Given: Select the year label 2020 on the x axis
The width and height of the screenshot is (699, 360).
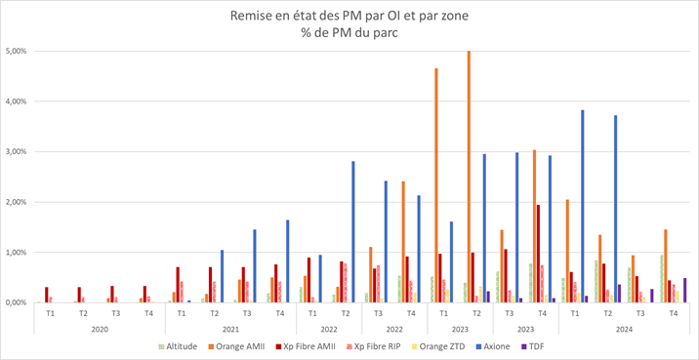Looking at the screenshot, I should (100, 329).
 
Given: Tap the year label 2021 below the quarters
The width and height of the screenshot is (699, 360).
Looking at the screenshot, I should (230, 329).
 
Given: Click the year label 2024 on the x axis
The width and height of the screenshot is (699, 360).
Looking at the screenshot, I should (624, 329).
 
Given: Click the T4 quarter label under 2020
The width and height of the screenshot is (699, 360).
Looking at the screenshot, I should (148, 313).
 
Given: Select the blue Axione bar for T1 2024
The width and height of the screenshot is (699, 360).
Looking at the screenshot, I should (583, 206).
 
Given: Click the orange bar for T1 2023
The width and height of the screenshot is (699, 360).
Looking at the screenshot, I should (435, 185).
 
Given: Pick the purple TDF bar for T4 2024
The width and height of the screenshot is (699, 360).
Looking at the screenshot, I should (685, 290).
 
